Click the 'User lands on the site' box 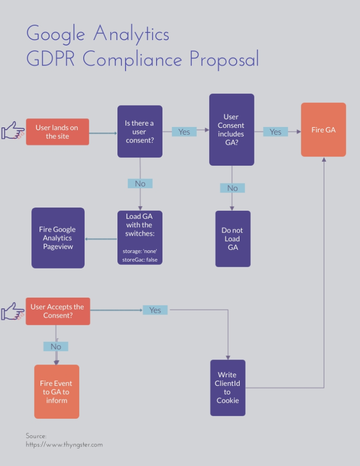[x=57, y=132]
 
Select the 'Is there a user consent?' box [x=140, y=132]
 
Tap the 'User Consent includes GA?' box [x=232, y=130]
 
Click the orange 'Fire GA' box [x=324, y=130]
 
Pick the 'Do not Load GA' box [x=233, y=238]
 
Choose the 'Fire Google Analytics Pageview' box [x=58, y=238]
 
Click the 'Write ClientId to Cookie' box [x=228, y=388]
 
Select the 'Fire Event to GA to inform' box [x=56, y=392]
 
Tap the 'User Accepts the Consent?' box [x=58, y=311]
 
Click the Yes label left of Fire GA [x=275, y=132]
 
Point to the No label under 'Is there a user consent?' [x=140, y=183]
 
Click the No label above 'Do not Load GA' [x=233, y=188]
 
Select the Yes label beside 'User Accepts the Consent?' [x=155, y=310]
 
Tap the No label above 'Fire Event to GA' [x=56, y=346]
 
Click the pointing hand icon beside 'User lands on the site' [x=13, y=130]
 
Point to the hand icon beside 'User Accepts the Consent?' [x=13, y=311]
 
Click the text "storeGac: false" [x=140, y=260]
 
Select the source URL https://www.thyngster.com [x=64, y=445]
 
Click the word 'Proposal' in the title [x=224, y=59]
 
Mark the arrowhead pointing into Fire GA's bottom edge [x=324, y=160]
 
